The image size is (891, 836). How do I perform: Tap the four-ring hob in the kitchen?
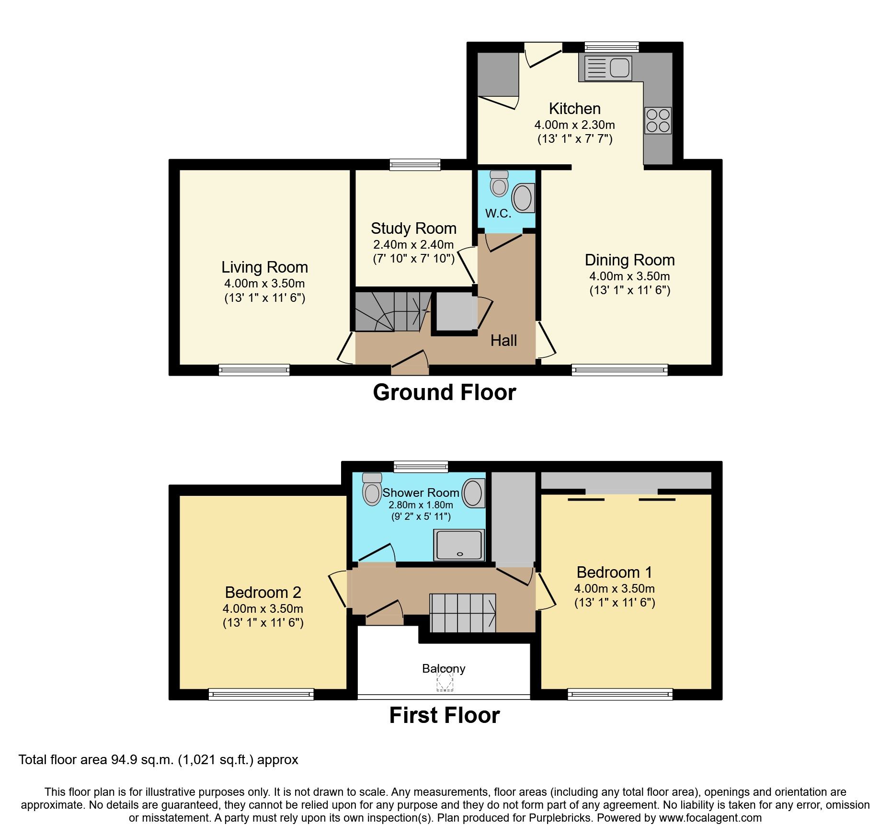tap(658, 121)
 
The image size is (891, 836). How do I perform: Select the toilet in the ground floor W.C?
tap(499, 184)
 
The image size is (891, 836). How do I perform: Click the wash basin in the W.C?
tap(523, 198)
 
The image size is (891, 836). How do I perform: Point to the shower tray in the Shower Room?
tap(459, 545)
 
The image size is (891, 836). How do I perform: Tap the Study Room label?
tap(413, 229)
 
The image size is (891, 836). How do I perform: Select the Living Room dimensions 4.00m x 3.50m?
tap(264, 283)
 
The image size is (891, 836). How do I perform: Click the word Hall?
tap(503, 341)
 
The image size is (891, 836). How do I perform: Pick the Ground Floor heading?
tap(444, 392)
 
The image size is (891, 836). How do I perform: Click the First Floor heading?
tap(444, 715)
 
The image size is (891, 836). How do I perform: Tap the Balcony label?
tap(444, 668)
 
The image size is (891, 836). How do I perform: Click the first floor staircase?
tap(462, 613)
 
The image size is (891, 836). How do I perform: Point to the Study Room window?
tap(415, 165)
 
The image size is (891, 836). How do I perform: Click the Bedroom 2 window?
tap(261, 694)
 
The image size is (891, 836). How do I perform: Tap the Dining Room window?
tap(619, 369)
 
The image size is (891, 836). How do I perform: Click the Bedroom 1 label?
tap(614, 572)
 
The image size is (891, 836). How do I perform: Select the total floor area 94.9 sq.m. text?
tap(158, 760)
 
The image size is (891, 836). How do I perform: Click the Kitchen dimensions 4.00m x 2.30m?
tap(574, 125)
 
